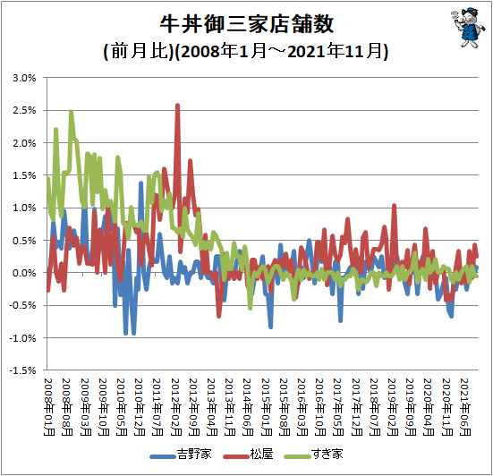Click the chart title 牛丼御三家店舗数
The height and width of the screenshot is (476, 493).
pos(247,24)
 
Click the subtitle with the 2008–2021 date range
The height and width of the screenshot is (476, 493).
pos(246,51)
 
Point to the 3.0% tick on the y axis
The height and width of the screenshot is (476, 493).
pos(24,78)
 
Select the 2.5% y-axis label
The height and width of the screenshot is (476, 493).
pos(24,110)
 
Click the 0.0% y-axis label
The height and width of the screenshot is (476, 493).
pos(24,273)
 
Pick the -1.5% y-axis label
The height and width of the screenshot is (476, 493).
pos(22,370)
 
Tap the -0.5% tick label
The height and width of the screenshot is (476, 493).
pos(22,305)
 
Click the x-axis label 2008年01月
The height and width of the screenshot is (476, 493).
pos(48,407)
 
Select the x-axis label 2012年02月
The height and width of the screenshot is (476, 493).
pos(175,407)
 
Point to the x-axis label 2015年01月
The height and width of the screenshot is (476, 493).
pos(267,407)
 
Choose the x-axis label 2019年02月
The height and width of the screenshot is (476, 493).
pos(393,407)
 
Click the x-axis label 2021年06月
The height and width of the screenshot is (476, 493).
pos(465,407)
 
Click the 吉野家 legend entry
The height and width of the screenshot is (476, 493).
pos(181,455)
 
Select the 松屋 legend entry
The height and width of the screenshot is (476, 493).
pos(249,455)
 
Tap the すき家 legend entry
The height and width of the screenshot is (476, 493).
pos(313,455)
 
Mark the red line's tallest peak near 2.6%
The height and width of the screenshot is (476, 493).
pos(177,105)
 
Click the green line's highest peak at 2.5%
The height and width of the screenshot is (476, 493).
pos(72,111)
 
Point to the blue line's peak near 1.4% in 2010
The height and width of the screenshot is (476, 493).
pos(140,183)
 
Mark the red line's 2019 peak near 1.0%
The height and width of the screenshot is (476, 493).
pos(394,205)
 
